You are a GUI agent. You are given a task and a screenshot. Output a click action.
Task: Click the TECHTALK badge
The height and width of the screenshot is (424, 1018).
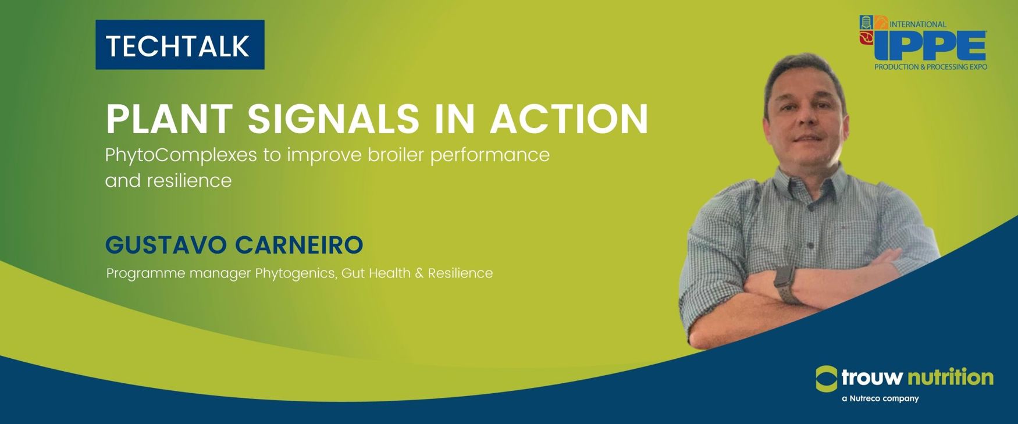tap(180, 45)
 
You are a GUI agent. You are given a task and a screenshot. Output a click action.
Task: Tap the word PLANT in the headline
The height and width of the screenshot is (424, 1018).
tap(169, 119)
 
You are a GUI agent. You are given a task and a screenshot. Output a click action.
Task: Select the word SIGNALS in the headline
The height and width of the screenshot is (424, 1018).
tap(333, 119)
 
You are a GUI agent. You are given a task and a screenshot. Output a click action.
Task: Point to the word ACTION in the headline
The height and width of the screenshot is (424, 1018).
tap(569, 119)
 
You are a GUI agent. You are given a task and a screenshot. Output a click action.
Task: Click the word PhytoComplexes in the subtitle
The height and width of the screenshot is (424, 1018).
tap(181, 156)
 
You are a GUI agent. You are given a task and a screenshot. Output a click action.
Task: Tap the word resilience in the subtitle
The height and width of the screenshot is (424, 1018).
tap(189, 180)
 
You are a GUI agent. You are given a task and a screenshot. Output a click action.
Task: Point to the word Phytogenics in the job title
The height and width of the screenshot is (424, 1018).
tap(296, 273)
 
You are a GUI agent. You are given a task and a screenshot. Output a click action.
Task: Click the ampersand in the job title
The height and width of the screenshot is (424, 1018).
tap(419, 273)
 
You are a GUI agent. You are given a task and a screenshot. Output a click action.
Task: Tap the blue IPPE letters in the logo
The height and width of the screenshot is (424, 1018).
tap(930, 45)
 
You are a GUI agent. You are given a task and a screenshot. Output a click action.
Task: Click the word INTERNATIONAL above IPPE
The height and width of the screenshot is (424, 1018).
tap(918, 24)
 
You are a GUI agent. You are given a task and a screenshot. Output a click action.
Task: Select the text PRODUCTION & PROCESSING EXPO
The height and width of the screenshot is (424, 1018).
tap(931, 67)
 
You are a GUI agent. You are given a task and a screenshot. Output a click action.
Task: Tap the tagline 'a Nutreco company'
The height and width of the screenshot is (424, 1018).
tap(880, 398)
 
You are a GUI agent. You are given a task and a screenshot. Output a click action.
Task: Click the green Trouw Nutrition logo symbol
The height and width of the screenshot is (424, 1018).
tap(827, 379)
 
